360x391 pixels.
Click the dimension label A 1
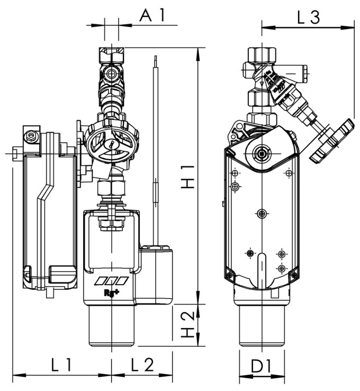point(152,15)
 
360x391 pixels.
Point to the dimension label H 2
point(188,325)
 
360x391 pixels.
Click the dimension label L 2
point(141,365)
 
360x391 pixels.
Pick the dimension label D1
point(262,366)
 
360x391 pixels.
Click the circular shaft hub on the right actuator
point(261,154)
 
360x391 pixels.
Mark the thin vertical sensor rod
point(156,148)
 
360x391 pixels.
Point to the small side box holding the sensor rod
point(156,273)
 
